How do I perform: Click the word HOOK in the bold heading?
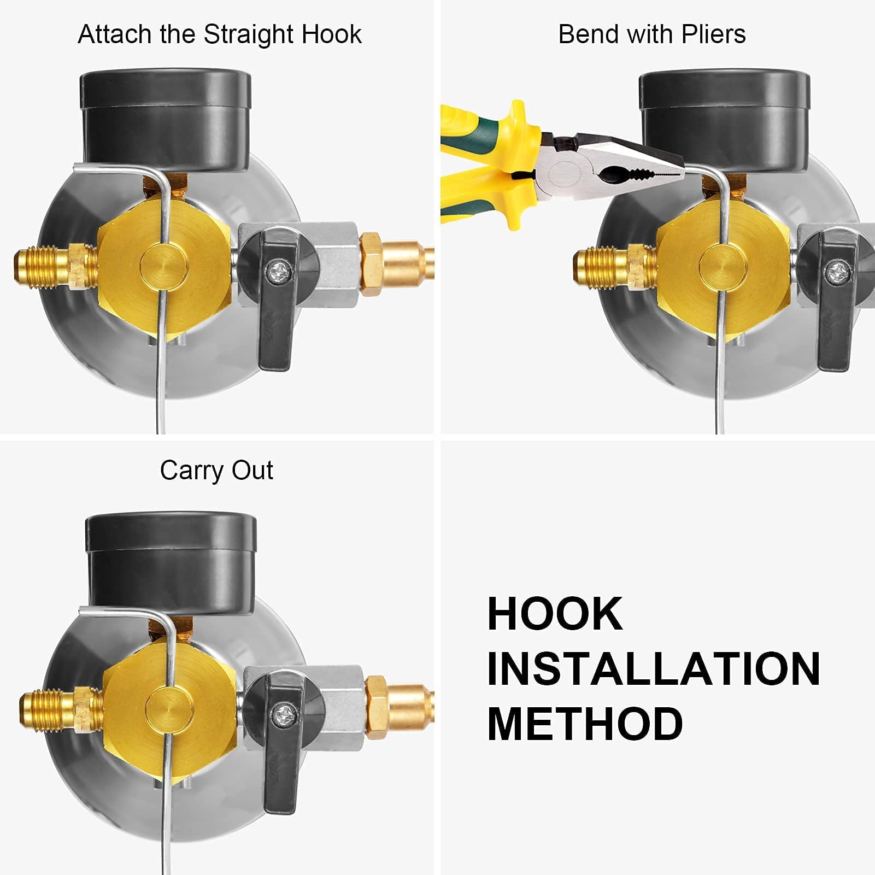[554, 614]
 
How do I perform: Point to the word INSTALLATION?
[653, 668]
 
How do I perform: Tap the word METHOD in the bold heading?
[585, 724]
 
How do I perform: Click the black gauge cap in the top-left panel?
[165, 118]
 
